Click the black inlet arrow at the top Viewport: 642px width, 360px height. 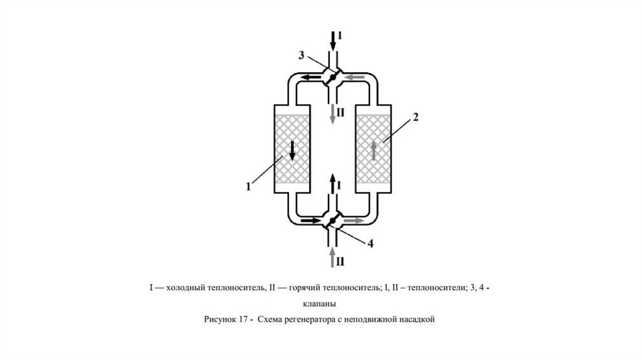click(x=333, y=40)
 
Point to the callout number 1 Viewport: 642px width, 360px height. click(x=249, y=185)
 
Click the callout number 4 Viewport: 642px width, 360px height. click(x=371, y=244)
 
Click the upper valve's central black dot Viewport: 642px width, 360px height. click(x=333, y=77)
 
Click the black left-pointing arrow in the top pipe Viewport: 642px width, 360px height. click(x=310, y=77)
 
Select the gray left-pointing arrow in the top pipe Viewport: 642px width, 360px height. click(x=355, y=77)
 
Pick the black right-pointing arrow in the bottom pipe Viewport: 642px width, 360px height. click(x=310, y=221)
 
